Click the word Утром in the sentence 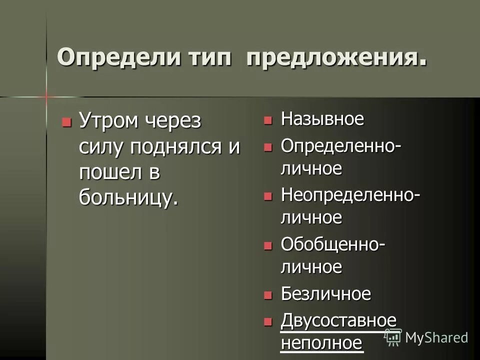pyautogui.click(x=107, y=121)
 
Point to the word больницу pyautogui.click(x=128, y=197)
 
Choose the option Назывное pyautogui.click(x=322, y=119)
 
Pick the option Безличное pyautogui.click(x=325, y=293)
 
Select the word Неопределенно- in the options pyautogui.click(x=350, y=194)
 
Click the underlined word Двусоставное pyautogui.click(x=338, y=320)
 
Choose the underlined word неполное pyautogui.click(x=321, y=343)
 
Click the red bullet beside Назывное pyautogui.click(x=268, y=120)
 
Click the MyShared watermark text pyautogui.click(x=436, y=337)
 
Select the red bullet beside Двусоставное pyautogui.click(x=268, y=321)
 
